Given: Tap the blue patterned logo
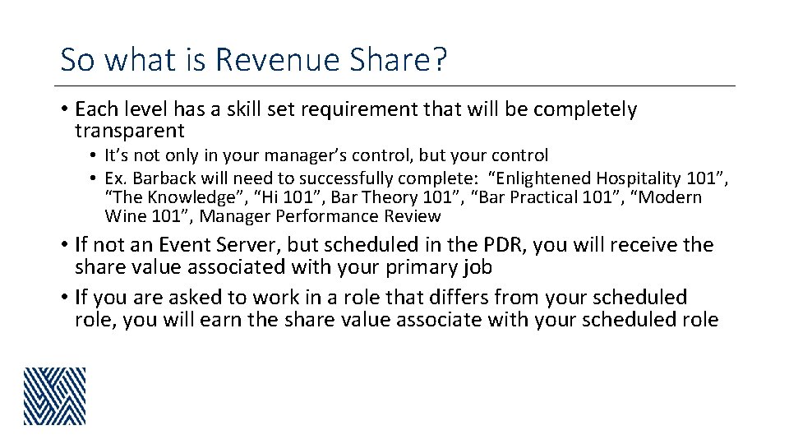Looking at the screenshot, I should point(54,395).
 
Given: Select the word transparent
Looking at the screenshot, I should point(129,131).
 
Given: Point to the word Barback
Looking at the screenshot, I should point(159,178).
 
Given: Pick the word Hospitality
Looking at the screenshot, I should point(644,178).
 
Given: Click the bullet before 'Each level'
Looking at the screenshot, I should point(64,109).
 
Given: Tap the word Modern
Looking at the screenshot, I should point(671,197).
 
